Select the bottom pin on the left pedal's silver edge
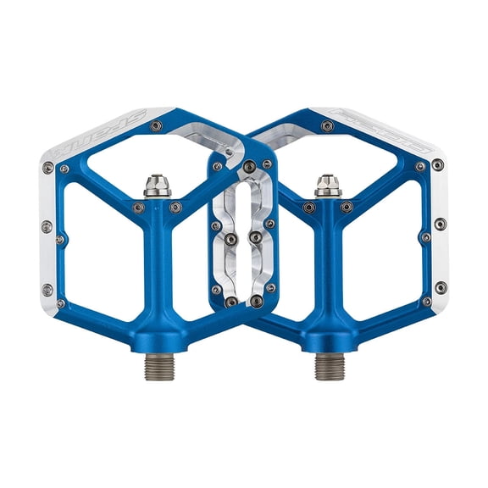click(47, 288)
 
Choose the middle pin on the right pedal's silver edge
click(440, 225)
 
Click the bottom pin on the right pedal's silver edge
click(440, 287)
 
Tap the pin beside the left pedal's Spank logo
click(156, 126)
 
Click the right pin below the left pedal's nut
click(175, 207)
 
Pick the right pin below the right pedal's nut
click(347, 207)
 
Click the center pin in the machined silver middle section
click(255, 238)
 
